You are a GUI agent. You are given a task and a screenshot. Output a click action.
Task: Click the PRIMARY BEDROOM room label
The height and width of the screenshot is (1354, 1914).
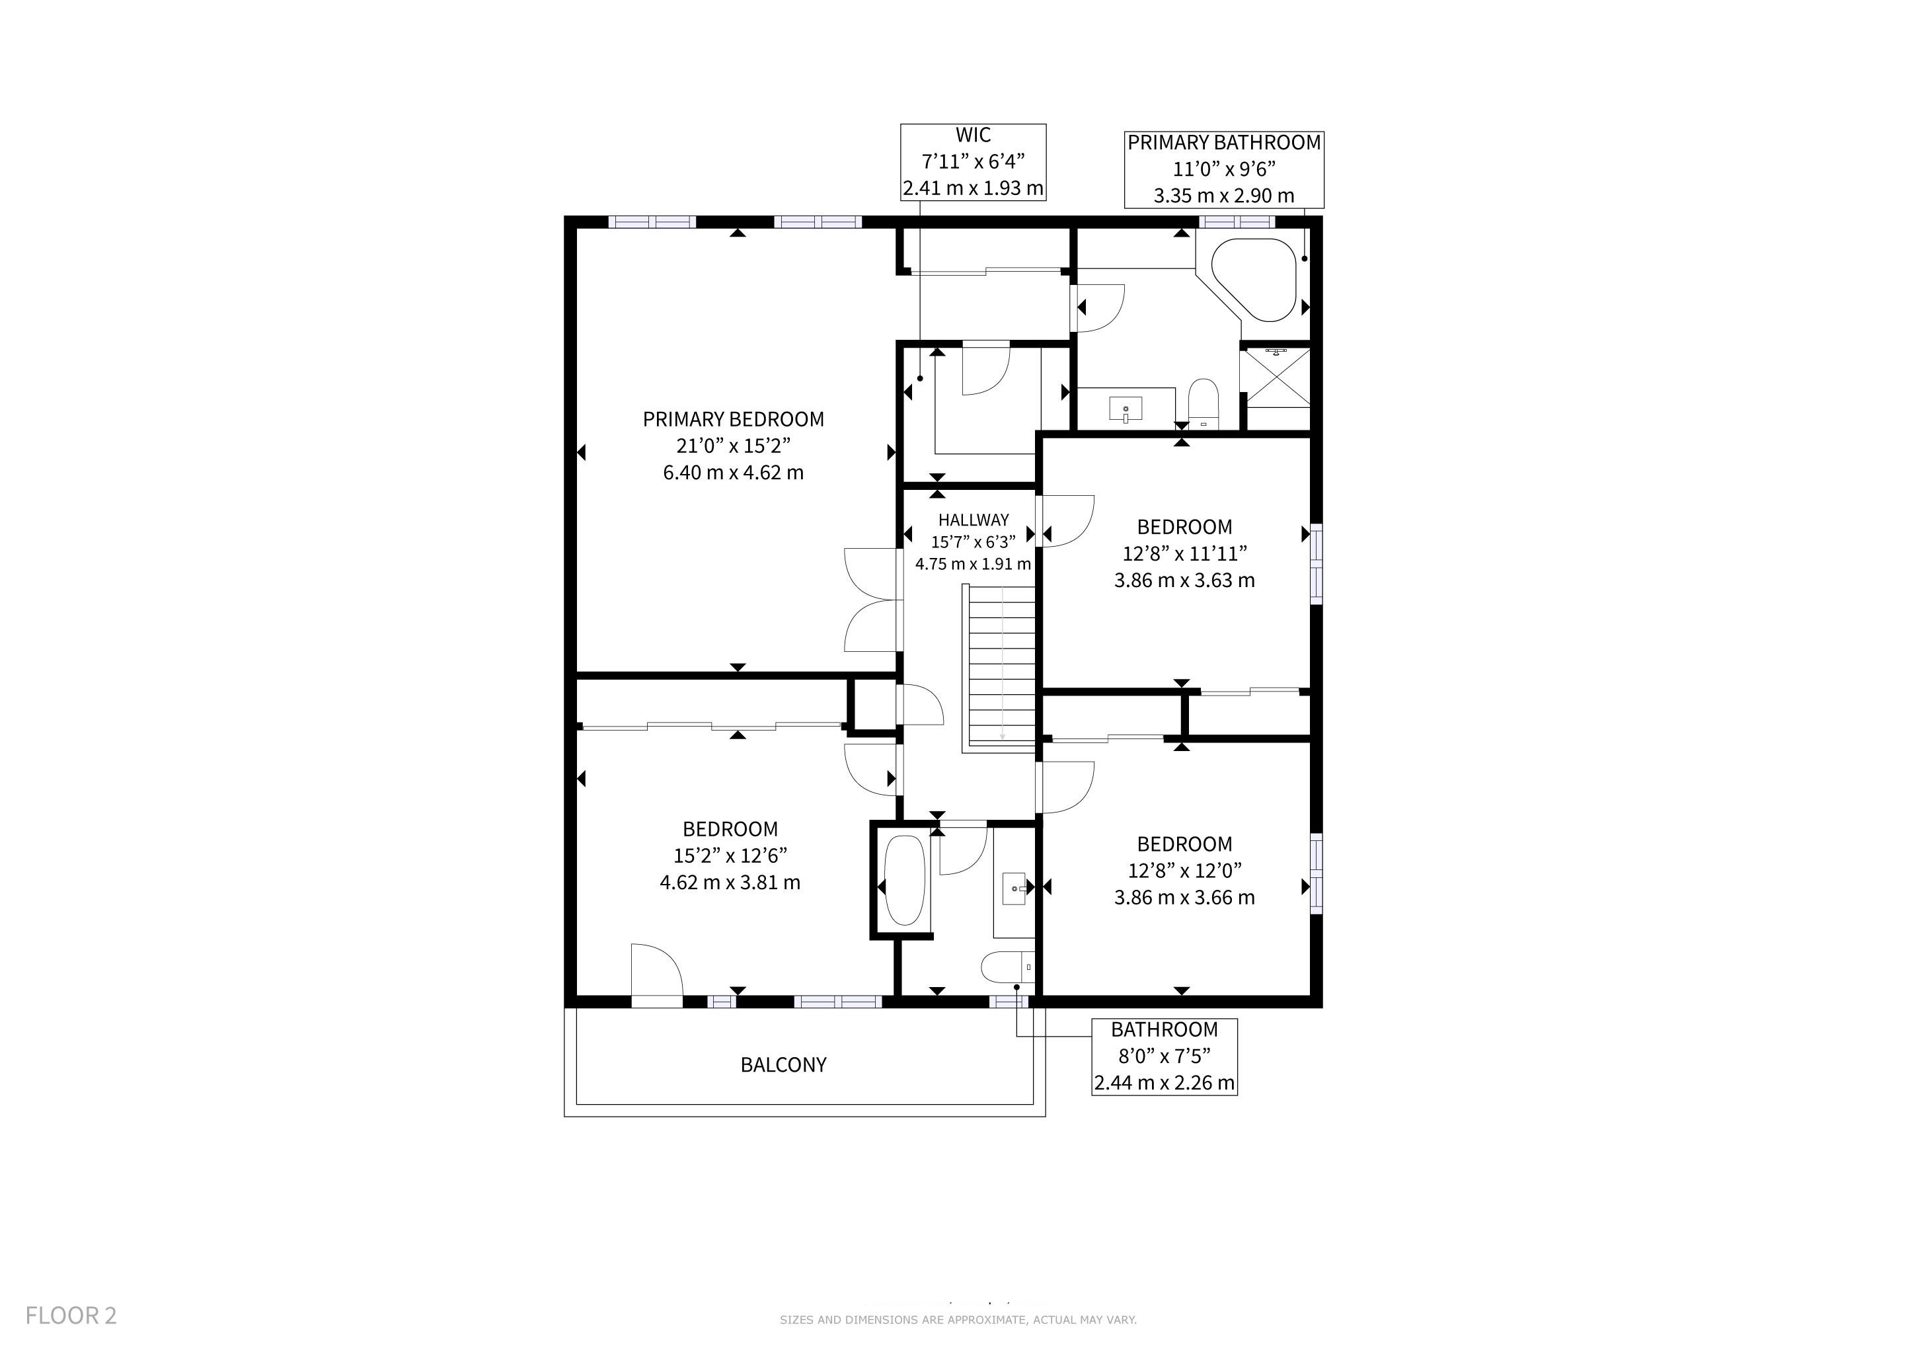pos(733,419)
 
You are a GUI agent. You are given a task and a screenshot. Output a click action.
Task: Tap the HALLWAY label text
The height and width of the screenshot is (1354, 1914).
pos(973,520)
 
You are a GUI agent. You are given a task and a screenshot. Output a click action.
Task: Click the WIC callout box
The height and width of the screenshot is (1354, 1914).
pos(973,162)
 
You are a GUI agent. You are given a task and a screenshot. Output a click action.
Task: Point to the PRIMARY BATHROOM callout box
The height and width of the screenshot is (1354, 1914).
pos(1224,169)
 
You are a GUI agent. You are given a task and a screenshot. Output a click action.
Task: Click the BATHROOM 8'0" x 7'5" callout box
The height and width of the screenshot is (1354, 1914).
pos(1165,1056)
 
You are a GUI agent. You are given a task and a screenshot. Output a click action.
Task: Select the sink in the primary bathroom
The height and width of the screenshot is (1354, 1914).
pos(1126,409)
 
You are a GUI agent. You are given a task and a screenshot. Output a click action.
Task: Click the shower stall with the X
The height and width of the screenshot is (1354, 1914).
pos(1276,378)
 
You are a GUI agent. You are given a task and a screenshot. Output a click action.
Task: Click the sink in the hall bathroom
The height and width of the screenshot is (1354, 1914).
pos(1014,889)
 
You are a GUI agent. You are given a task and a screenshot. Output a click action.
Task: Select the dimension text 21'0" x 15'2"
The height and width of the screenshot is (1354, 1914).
pos(733,446)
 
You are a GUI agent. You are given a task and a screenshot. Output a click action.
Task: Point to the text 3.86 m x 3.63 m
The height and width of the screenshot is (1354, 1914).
pos(1184,580)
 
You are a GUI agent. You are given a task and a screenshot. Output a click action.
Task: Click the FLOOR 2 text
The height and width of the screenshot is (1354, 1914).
pos(71,1316)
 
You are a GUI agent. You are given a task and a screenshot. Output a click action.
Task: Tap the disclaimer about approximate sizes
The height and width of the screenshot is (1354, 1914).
pos(958,1320)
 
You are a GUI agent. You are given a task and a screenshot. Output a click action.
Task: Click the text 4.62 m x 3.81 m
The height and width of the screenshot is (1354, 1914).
pos(730,882)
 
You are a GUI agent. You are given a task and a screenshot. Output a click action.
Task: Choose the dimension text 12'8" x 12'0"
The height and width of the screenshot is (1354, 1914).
pos(1184,871)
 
